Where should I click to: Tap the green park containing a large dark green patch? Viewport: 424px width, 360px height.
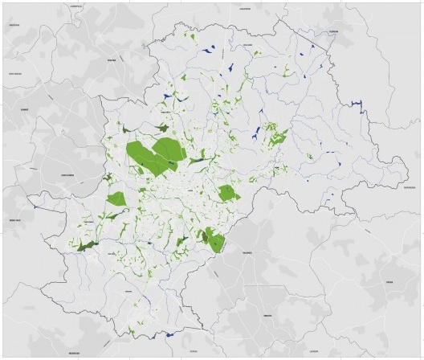(x=213, y=239)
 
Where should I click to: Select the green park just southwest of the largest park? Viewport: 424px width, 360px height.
(x=117, y=198)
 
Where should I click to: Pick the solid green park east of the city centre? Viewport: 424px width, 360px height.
(x=228, y=193)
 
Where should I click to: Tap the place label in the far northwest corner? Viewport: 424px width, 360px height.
(x=14, y=25)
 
